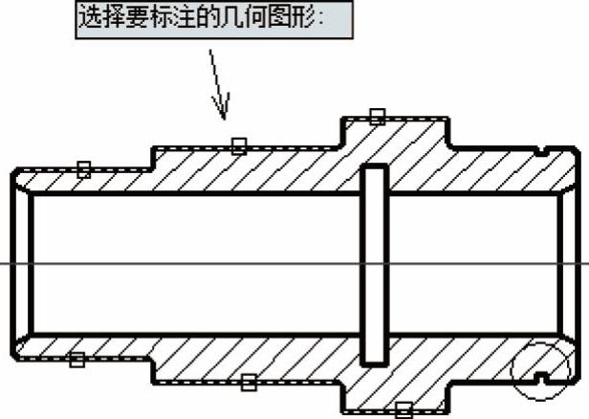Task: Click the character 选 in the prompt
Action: click(90, 17)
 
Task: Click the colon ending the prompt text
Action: click(320, 19)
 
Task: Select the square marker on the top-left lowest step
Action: click(84, 169)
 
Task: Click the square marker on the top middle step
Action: click(239, 146)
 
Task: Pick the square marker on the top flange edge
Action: click(378, 117)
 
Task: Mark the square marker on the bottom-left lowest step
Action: click(77, 360)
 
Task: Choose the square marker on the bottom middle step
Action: click(249, 383)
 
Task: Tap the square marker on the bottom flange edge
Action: click(404, 410)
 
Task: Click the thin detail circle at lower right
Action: click(511, 370)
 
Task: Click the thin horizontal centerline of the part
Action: click(294, 264)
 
